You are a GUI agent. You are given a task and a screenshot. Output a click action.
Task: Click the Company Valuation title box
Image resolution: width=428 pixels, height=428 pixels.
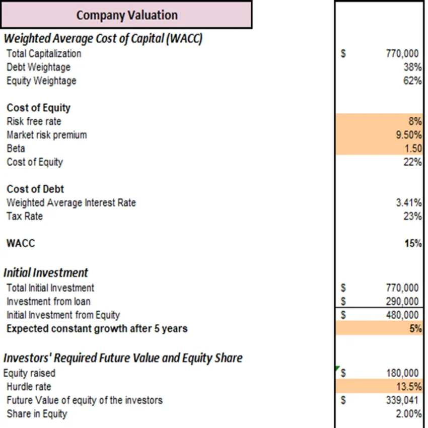[126, 15]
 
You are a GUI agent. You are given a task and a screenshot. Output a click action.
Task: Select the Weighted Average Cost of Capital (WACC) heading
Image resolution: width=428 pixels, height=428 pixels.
[103, 39]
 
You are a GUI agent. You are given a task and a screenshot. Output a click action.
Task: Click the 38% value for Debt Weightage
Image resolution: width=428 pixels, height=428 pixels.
[412, 67]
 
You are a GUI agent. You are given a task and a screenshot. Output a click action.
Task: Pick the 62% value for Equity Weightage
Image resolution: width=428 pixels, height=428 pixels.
[412, 81]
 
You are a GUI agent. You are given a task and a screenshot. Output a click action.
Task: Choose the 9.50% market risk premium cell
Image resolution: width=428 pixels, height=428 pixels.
[409, 135]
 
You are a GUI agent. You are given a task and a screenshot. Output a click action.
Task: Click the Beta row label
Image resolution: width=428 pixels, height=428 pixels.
[16, 149]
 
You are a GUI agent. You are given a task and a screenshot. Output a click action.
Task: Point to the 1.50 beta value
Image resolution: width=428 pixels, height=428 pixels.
[413, 149]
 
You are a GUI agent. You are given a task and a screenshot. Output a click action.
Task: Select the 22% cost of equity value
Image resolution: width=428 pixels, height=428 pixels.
[412, 162]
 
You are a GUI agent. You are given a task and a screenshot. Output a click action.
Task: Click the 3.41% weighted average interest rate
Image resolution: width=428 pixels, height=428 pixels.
[409, 203]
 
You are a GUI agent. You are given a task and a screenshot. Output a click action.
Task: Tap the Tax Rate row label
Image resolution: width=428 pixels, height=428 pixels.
[25, 217]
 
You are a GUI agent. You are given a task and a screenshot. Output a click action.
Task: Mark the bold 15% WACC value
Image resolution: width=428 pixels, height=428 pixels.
[413, 244]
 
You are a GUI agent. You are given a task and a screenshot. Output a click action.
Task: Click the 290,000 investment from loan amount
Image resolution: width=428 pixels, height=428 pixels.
[402, 302]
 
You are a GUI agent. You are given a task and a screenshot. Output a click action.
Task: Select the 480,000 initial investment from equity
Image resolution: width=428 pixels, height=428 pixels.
[402, 315]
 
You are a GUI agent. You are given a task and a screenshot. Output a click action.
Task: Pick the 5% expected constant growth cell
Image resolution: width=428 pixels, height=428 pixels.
[415, 329]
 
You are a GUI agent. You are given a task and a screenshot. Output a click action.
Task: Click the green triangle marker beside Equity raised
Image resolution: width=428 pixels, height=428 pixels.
[337, 369]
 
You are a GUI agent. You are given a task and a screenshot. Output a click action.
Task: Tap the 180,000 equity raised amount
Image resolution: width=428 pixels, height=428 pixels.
[402, 373]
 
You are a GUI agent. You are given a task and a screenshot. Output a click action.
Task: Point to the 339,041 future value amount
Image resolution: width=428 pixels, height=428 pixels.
[402, 400]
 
